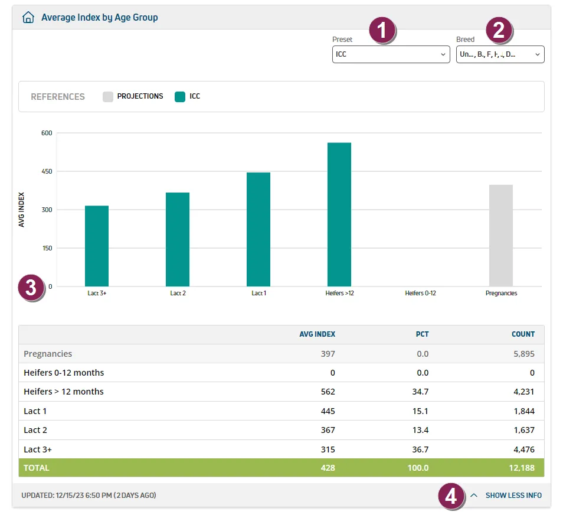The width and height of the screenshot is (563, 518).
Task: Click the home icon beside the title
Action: (28, 17)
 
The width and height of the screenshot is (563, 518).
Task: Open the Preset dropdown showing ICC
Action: (391, 54)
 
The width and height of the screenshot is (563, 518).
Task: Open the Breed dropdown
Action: (500, 54)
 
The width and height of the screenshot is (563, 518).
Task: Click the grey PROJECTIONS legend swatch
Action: (108, 96)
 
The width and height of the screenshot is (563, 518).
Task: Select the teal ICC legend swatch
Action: (180, 96)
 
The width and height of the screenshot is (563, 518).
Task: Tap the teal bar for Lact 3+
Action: (97, 246)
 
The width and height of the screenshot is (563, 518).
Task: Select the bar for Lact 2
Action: (178, 239)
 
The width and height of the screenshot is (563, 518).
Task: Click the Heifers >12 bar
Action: (339, 214)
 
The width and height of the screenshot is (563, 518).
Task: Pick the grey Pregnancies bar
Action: (501, 236)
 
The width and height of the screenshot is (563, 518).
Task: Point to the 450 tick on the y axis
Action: (47, 171)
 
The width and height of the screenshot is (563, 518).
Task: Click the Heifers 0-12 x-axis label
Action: (420, 293)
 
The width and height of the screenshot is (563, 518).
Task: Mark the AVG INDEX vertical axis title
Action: (22, 210)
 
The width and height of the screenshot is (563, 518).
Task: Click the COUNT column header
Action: (523, 334)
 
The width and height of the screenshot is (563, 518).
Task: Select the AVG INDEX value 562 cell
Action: (328, 392)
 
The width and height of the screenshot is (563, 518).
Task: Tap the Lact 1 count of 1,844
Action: (524, 411)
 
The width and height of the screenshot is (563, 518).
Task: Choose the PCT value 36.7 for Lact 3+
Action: (420, 449)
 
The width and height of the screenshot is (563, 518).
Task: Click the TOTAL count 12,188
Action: (522, 468)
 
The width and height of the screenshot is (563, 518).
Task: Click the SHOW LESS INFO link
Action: (513, 496)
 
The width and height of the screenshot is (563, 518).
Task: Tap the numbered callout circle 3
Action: (31, 288)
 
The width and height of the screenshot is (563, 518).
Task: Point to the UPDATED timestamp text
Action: (89, 496)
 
